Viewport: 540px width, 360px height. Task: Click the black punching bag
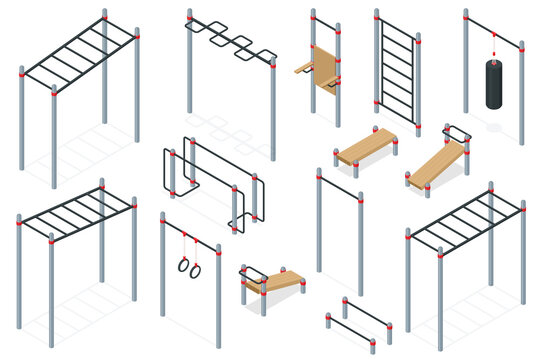(x=493, y=84)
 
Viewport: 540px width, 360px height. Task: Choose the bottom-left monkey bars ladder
(x=75, y=213)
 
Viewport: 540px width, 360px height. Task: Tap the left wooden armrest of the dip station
(x=304, y=69)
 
